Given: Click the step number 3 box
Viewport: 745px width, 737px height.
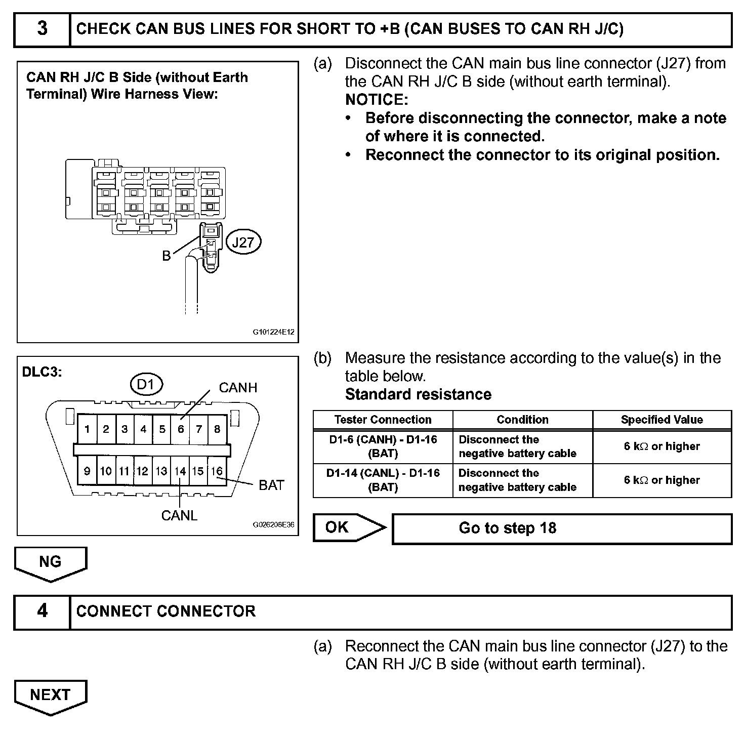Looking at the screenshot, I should pos(42,29).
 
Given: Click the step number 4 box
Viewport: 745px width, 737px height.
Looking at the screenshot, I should pos(42,611).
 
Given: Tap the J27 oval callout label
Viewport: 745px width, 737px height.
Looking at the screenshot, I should pos(243,242).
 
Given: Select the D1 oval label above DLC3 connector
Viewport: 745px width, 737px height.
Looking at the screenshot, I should pos(146,385).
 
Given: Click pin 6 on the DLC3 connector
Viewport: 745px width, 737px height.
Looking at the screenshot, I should pos(180,429).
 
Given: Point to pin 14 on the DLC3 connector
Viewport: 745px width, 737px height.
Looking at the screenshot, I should pos(180,471).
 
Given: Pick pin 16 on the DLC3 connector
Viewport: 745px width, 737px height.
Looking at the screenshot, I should pos(217,471).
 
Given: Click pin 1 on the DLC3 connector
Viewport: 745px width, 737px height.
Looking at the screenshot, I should pos(87,429).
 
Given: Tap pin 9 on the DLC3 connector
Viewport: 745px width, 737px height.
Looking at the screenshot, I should pos(87,471).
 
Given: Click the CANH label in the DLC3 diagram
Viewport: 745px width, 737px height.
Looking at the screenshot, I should pos(238,388).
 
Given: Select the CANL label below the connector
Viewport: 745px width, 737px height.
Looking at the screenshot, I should pos(179,515).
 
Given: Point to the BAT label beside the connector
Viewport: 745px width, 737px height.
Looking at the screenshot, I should pos(271,485).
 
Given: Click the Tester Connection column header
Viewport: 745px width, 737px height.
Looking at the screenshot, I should pos(383,420).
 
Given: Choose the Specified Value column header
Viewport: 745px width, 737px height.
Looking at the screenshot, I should pos(661,420).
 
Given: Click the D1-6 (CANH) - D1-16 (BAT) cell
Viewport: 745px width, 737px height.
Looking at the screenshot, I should pos(383,446).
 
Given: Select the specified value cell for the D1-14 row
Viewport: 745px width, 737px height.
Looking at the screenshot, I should pos(661,480).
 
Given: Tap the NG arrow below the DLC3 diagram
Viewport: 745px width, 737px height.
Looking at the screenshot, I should pos(50,562).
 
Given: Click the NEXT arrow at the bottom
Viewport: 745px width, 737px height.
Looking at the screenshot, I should pos(50,695).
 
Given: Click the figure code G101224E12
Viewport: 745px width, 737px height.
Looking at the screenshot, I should pos(273,333).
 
